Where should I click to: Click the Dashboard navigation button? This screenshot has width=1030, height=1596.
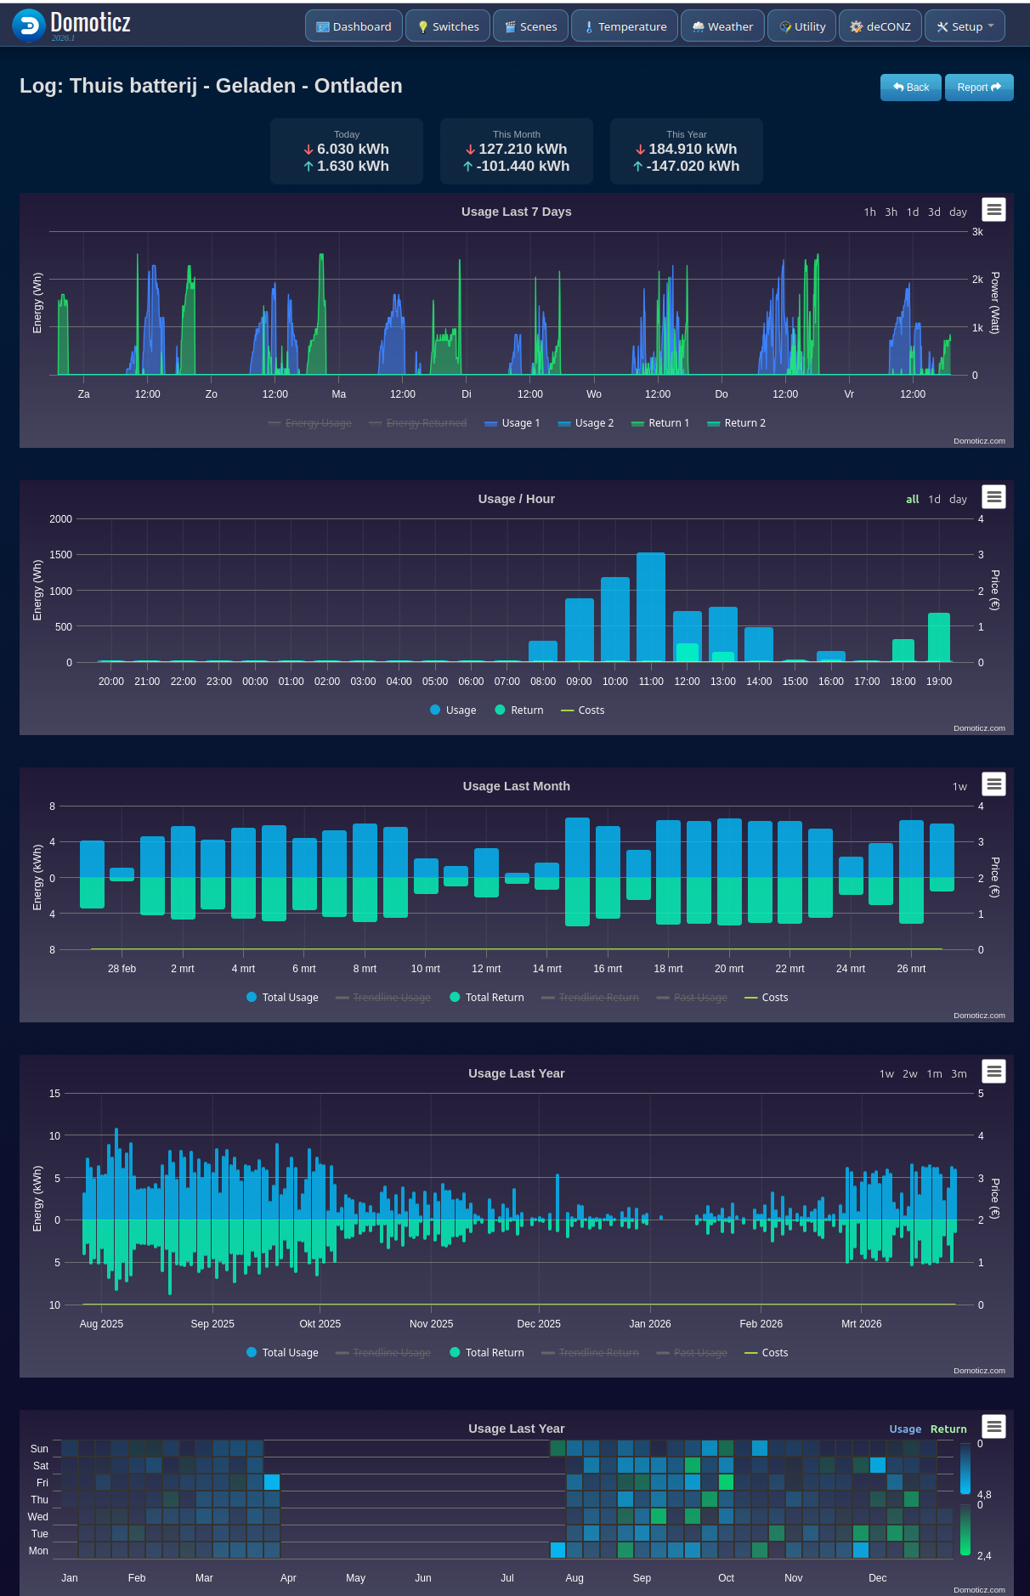tap(354, 26)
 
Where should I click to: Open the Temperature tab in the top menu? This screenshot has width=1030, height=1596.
tap(625, 26)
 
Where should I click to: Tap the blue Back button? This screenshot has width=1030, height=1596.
tap(910, 88)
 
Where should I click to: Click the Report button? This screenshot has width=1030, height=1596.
tap(978, 88)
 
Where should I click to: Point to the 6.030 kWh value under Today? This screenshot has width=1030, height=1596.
tap(352, 150)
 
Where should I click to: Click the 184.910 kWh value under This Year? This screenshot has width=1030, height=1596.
tap(692, 150)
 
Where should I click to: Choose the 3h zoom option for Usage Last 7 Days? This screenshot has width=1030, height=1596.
tap(891, 212)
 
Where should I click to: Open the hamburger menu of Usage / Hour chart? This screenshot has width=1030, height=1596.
tap(993, 497)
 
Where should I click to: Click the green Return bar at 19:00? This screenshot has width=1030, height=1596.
tap(938, 637)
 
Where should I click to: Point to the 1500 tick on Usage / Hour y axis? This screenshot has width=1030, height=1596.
tap(61, 555)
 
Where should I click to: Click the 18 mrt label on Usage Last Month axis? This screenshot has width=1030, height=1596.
tap(668, 969)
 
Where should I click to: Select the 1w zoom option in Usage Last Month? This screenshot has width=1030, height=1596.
tap(959, 787)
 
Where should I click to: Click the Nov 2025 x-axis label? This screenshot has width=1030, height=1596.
tap(431, 1324)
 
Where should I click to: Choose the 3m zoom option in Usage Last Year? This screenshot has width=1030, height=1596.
tap(959, 1074)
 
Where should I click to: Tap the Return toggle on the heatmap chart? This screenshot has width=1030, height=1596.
tap(948, 1429)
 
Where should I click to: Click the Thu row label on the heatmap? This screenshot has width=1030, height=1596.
tap(40, 1500)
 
